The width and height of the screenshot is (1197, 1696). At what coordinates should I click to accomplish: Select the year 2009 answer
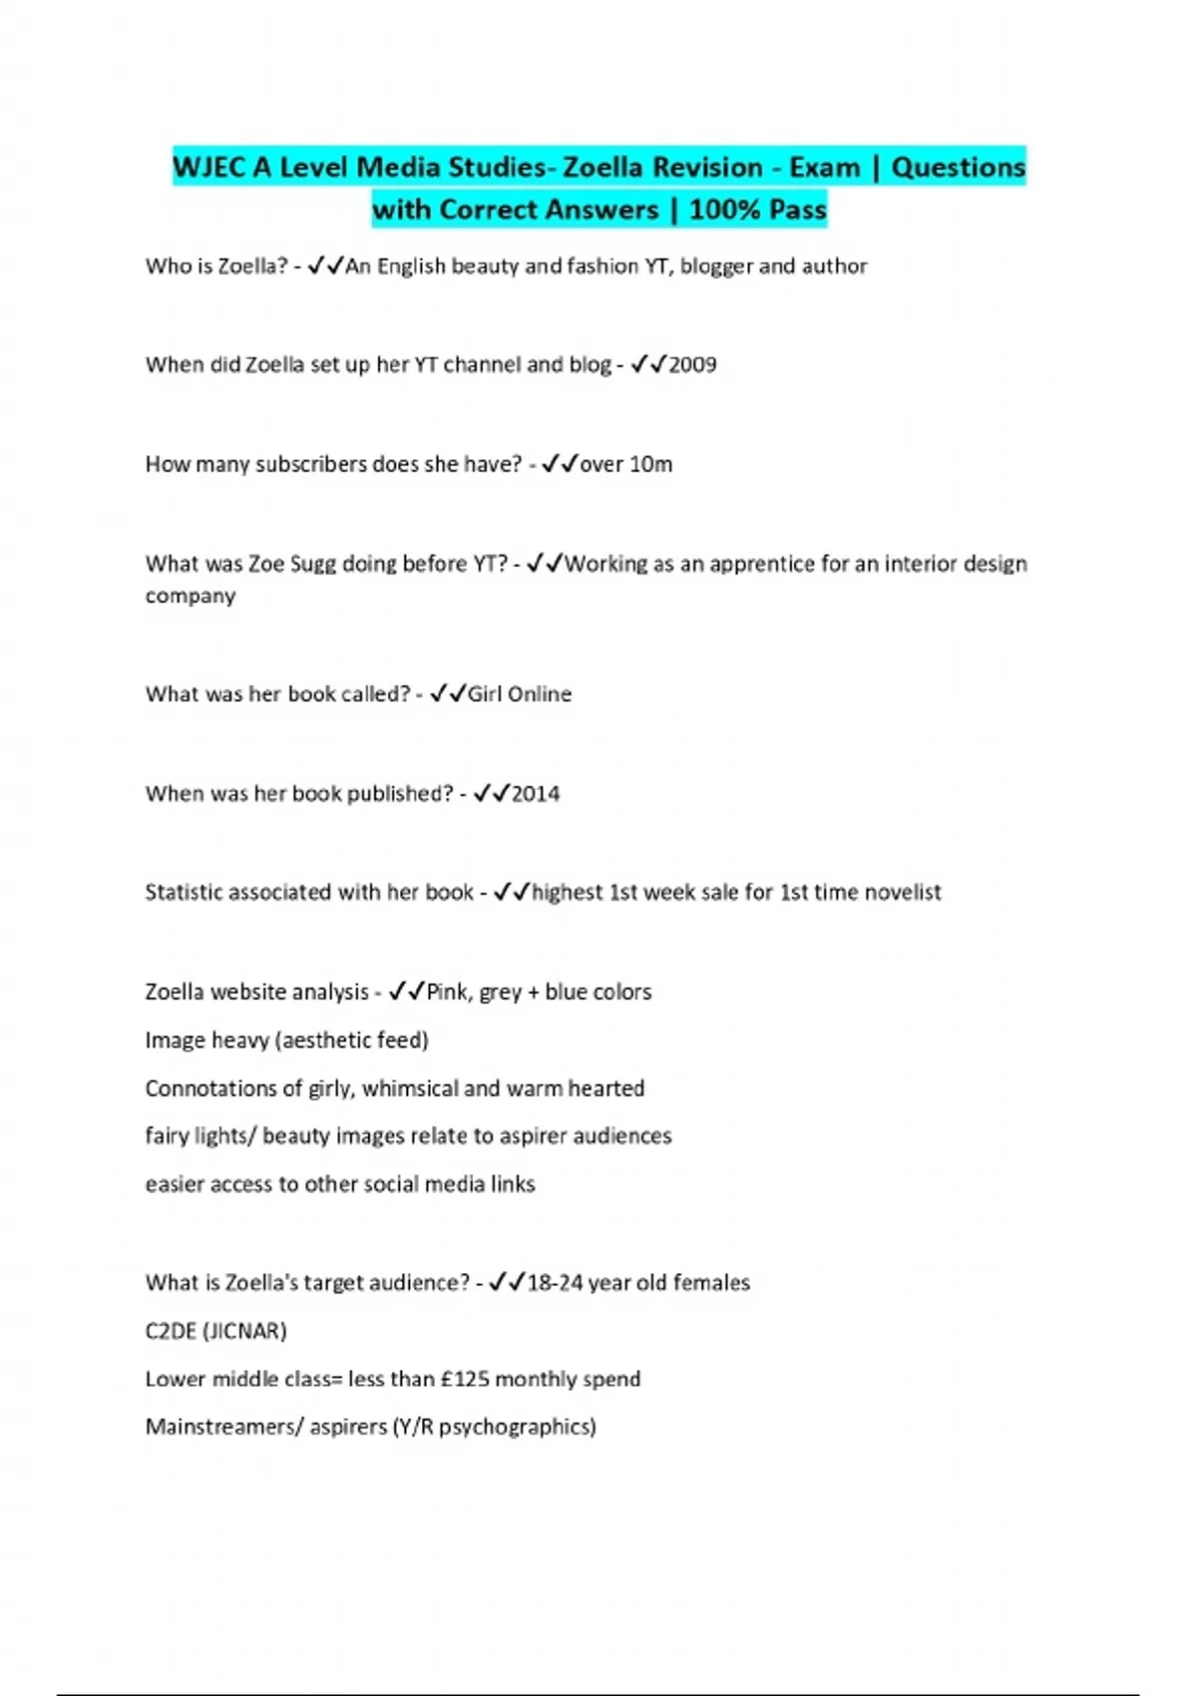(692, 365)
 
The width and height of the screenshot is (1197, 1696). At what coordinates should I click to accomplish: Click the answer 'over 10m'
(626, 465)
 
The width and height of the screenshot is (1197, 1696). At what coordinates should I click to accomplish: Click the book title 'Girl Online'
(520, 694)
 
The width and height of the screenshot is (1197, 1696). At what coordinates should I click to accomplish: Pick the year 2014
(536, 794)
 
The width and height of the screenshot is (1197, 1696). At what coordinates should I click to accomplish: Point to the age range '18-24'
(555, 1283)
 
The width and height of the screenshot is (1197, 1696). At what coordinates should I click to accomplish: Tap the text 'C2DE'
(171, 1332)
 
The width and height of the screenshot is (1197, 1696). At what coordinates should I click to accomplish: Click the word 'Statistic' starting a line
(184, 893)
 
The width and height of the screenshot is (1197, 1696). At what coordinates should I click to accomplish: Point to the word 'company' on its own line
(191, 597)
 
